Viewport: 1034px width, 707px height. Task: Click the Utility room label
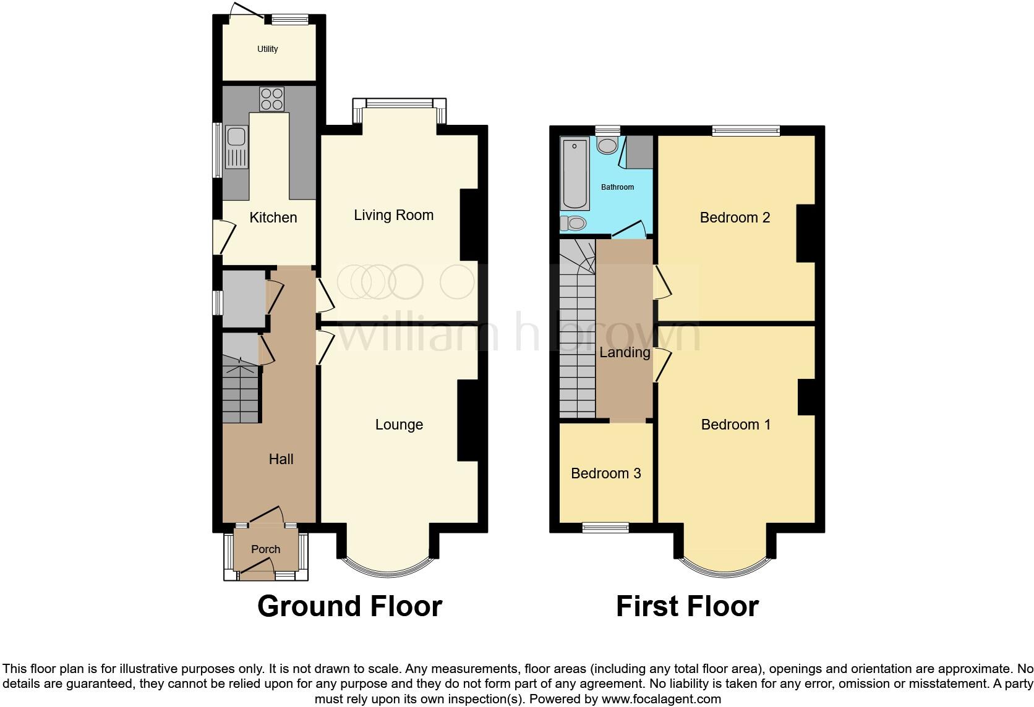click(x=268, y=49)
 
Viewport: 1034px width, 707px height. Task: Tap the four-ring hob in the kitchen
click(x=271, y=99)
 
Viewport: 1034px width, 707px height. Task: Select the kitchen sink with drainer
click(x=236, y=147)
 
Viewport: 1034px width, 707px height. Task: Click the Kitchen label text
click(x=273, y=218)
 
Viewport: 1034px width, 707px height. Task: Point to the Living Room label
click(x=393, y=215)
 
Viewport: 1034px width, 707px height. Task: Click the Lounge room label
click(x=399, y=425)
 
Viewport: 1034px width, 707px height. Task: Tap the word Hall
click(x=281, y=459)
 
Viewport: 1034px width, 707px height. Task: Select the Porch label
click(x=266, y=549)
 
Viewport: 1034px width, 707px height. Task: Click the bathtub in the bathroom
click(x=575, y=174)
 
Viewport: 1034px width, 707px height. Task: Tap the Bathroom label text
click(x=617, y=187)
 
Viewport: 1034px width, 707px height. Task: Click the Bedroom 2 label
click(x=735, y=218)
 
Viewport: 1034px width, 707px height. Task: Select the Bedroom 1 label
click(x=735, y=425)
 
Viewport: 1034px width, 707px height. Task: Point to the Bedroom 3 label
click(x=605, y=473)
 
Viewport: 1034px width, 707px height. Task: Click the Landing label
click(x=625, y=352)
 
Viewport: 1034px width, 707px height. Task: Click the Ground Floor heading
click(x=349, y=606)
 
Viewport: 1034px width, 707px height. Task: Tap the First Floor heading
click(x=687, y=606)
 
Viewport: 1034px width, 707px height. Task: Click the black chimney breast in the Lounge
click(x=468, y=420)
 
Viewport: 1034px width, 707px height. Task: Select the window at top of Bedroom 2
click(x=745, y=130)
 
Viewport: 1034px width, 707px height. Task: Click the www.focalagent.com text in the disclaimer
click(x=661, y=700)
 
